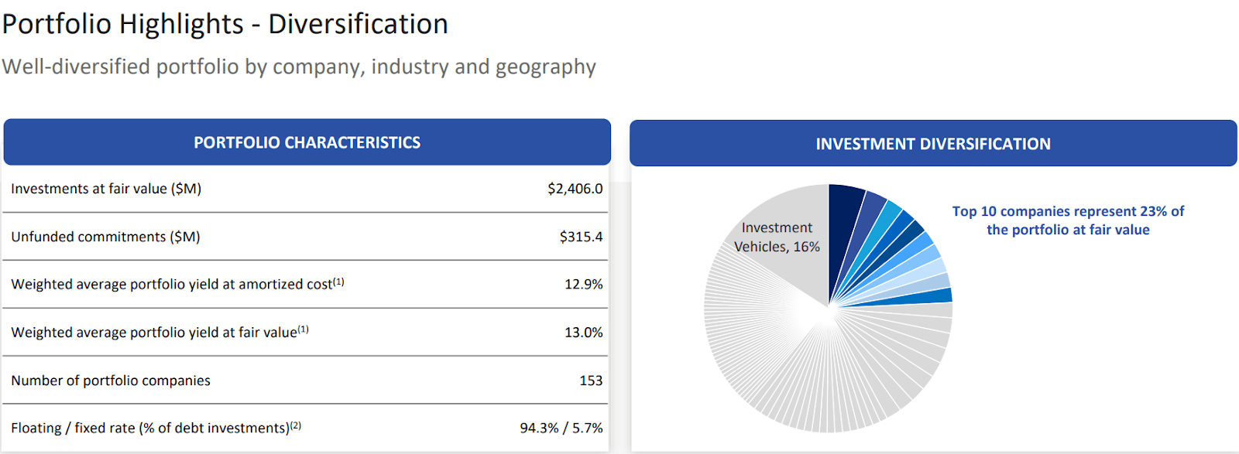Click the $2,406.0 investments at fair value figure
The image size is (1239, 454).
(x=575, y=189)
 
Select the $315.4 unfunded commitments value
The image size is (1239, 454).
(x=581, y=237)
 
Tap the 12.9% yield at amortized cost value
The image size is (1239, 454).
(x=583, y=285)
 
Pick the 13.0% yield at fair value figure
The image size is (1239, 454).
(x=583, y=333)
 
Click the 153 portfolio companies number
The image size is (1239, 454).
(x=591, y=381)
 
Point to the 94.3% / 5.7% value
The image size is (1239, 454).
(x=561, y=428)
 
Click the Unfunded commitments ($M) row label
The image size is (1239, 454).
(x=105, y=237)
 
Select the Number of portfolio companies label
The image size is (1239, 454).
(x=111, y=381)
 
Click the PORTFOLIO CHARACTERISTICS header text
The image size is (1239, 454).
(x=307, y=143)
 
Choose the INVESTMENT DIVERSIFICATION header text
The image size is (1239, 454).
(x=932, y=144)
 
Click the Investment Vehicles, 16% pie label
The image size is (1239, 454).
(x=777, y=237)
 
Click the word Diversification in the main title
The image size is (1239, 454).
(x=358, y=24)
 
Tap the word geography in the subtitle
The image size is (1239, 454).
(x=545, y=67)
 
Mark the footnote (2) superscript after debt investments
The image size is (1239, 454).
(x=296, y=425)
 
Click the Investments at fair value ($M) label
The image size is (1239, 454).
(x=106, y=189)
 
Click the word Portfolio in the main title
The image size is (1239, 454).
(x=57, y=24)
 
